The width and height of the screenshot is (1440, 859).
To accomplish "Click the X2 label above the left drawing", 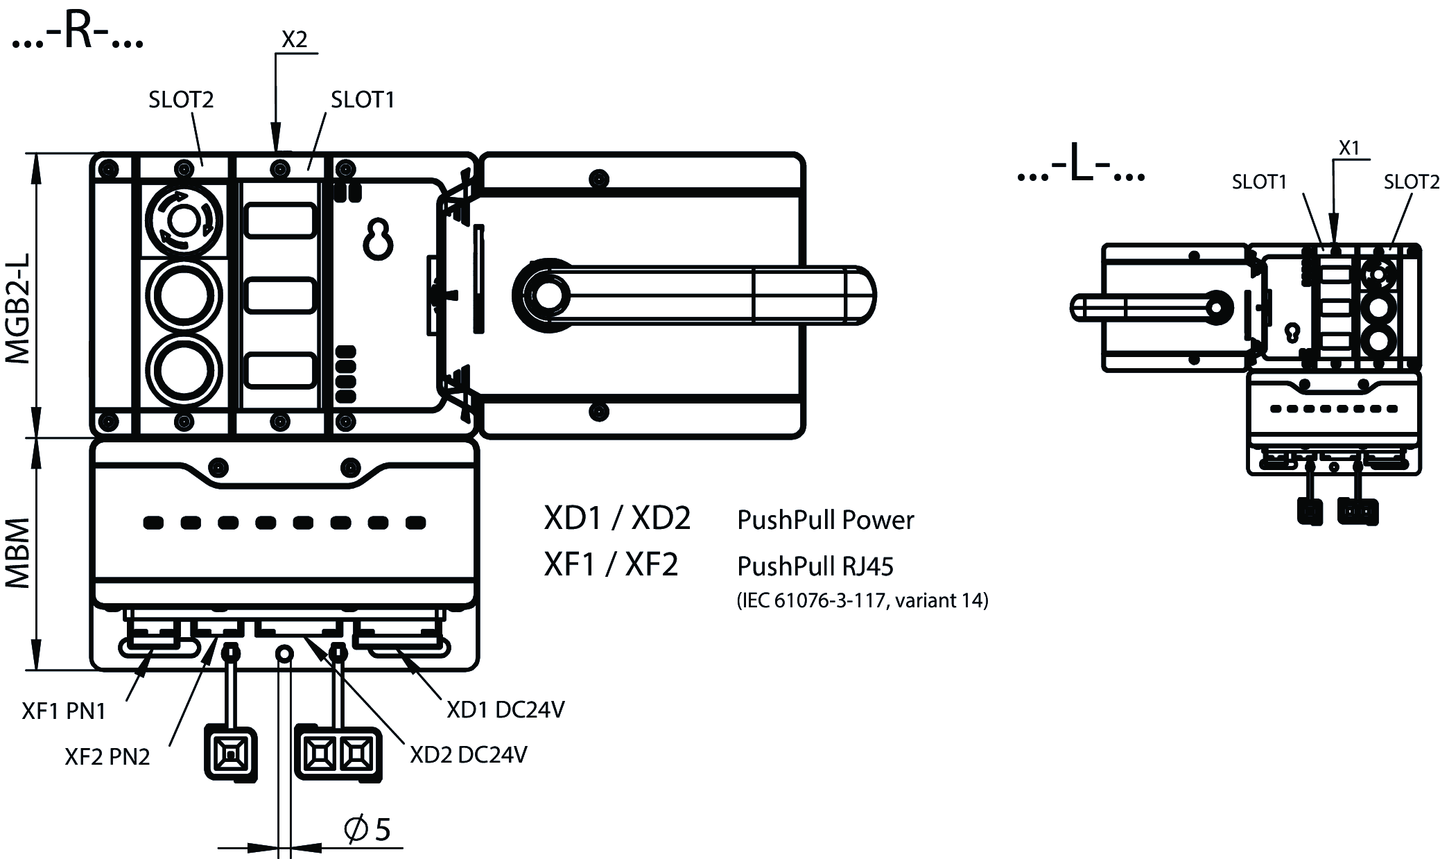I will [x=294, y=40].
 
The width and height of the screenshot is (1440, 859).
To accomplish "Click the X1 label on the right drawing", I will [x=1349, y=148].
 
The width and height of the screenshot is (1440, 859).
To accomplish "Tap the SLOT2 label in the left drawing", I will [x=181, y=100].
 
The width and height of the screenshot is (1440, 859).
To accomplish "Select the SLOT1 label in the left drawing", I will [x=363, y=100].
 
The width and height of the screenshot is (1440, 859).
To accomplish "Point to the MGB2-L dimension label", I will [x=18, y=307].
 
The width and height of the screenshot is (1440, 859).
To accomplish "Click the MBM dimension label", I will [x=18, y=553].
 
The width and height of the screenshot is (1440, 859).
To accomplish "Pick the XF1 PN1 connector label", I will [x=64, y=711].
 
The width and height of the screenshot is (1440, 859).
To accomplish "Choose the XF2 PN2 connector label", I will [x=107, y=756].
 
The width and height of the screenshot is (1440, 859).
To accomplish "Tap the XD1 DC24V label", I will [x=505, y=709].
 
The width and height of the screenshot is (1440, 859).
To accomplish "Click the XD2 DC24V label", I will [x=469, y=754].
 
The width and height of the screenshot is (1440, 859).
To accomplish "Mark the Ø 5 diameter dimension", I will [x=367, y=829].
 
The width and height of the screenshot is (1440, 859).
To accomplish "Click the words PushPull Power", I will [x=825, y=520].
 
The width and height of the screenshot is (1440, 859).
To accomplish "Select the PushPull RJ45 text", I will [x=815, y=566].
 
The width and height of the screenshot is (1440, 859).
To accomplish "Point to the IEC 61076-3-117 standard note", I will [x=862, y=600].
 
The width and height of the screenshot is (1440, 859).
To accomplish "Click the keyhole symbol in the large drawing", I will [x=379, y=240].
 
